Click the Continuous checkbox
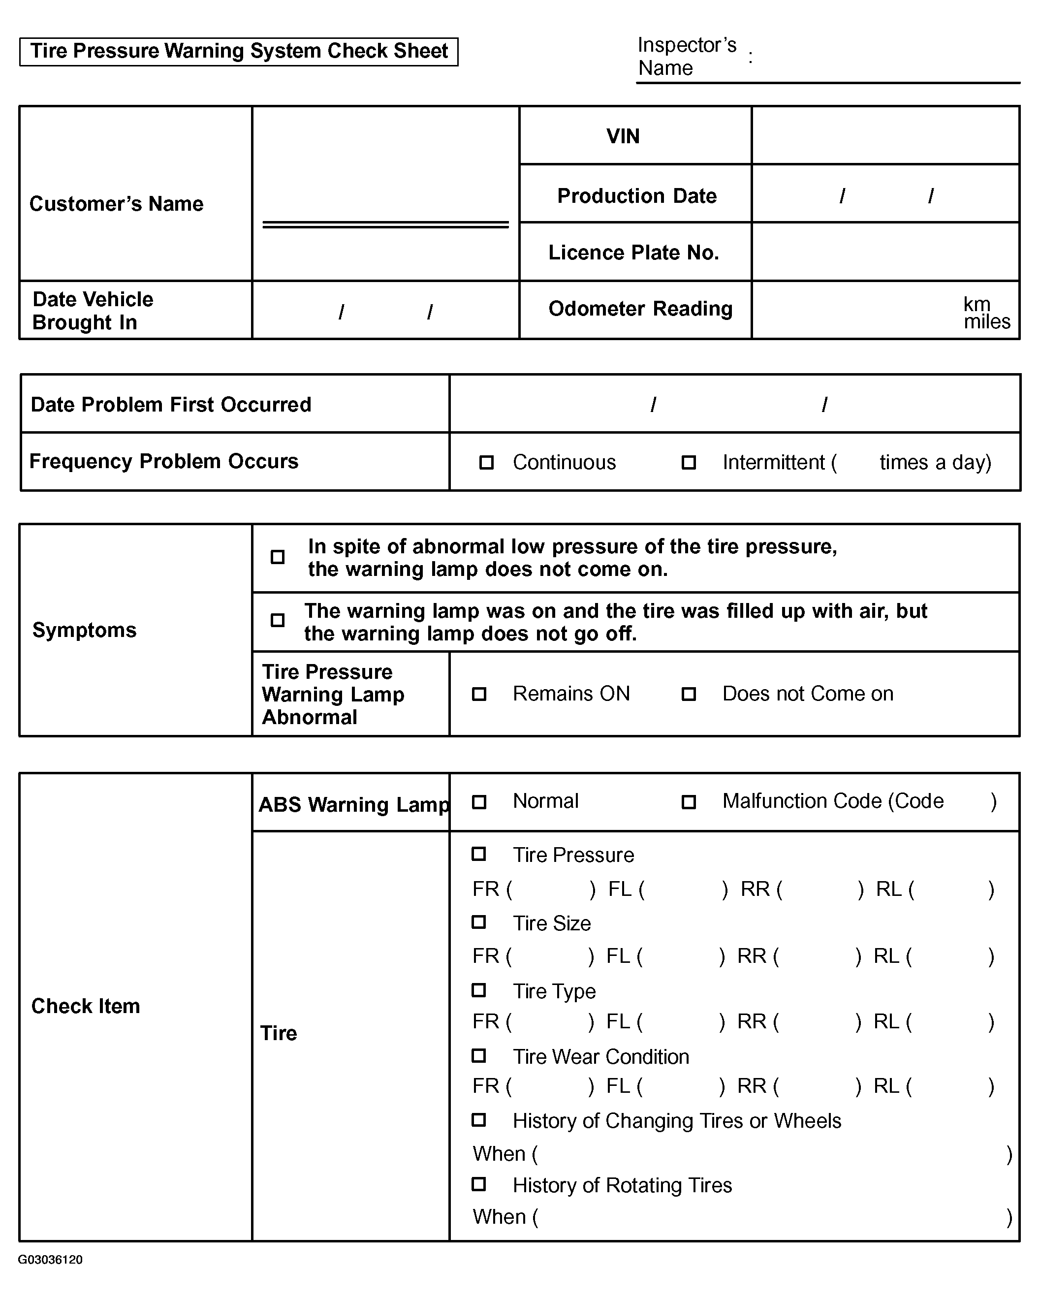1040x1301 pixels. (x=486, y=463)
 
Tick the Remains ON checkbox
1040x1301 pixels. (x=479, y=694)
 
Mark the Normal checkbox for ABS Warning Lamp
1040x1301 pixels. (x=479, y=802)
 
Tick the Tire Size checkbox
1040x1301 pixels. (x=478, y=922)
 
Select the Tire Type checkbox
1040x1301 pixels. (x=478, y=990)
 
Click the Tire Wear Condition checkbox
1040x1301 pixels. (x=478, y=1055)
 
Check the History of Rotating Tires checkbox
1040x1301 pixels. (x=478, y=1184)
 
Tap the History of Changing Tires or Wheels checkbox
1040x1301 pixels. (x=478, y=1120)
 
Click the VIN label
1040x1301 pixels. (x=623, y=136)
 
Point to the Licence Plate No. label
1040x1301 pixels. (x=633, y=253)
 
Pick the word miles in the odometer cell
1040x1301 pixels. (x=986, y=321)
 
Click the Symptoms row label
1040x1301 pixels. (x=85, y=630)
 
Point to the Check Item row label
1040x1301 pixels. (x=86, y=1006)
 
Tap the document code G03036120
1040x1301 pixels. (x=50, y=1259)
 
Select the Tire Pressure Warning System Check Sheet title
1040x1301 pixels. (x=239, y=51)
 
